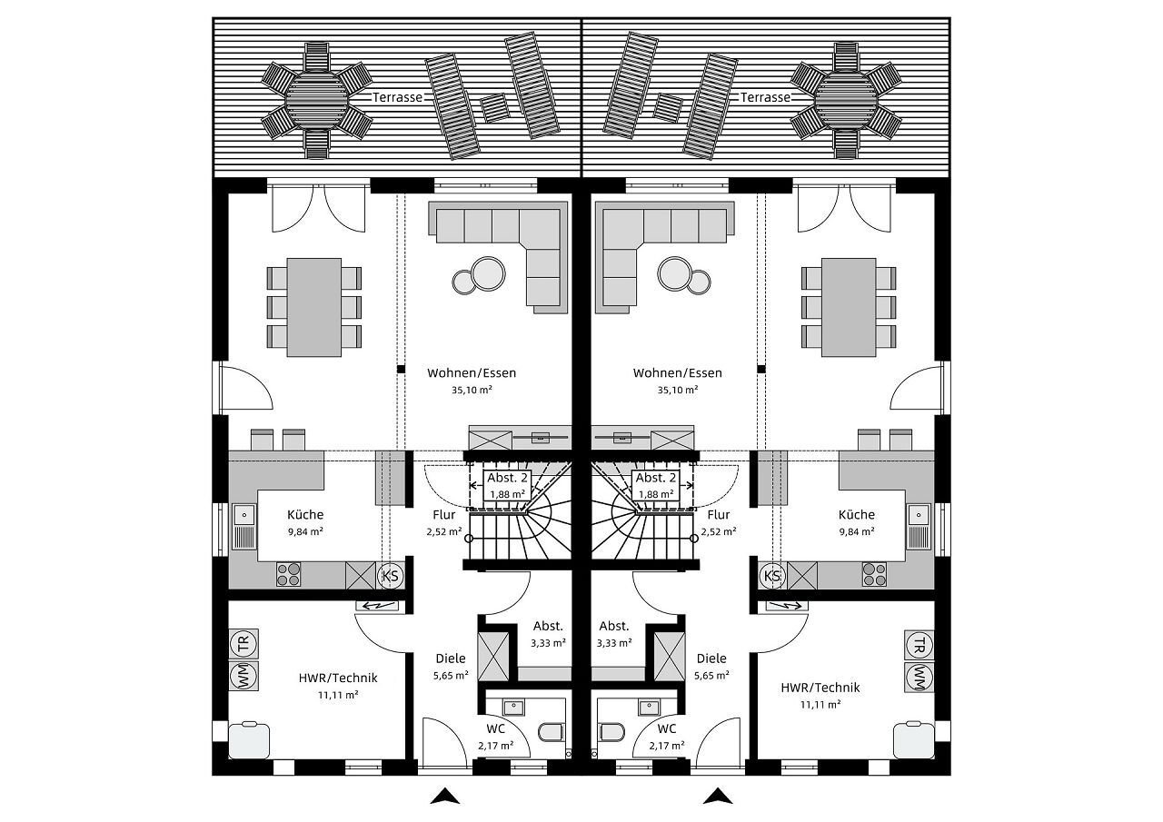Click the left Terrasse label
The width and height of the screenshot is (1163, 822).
point(397,97)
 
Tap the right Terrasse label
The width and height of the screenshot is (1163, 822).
point(765,97)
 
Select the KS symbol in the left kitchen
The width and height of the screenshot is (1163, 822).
point(390,576)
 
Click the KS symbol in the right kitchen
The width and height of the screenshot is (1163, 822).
point(772,576)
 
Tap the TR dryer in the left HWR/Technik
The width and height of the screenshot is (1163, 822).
point(244,645)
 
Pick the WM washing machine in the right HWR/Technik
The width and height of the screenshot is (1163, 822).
point(919,677)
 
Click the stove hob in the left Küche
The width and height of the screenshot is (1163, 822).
point(288,574)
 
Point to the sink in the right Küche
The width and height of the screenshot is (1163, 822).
point(919,526)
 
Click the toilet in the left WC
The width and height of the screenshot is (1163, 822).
point(551,732)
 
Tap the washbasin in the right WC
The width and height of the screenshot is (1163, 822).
point(648,707)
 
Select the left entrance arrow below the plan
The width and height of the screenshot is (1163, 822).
point(445,796)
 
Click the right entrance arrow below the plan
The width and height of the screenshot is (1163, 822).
point(718,796)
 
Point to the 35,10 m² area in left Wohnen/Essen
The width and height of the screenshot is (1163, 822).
point(472,390)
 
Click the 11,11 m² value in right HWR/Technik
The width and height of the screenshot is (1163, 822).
point(820,704)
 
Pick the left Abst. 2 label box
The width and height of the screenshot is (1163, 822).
point(507,485)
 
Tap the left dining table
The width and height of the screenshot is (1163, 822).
point(314,307)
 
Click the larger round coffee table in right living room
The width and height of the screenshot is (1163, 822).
point(674,273)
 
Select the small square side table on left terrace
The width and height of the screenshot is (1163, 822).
point(494,108)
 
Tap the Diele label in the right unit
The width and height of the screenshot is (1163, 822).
point(711,658)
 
